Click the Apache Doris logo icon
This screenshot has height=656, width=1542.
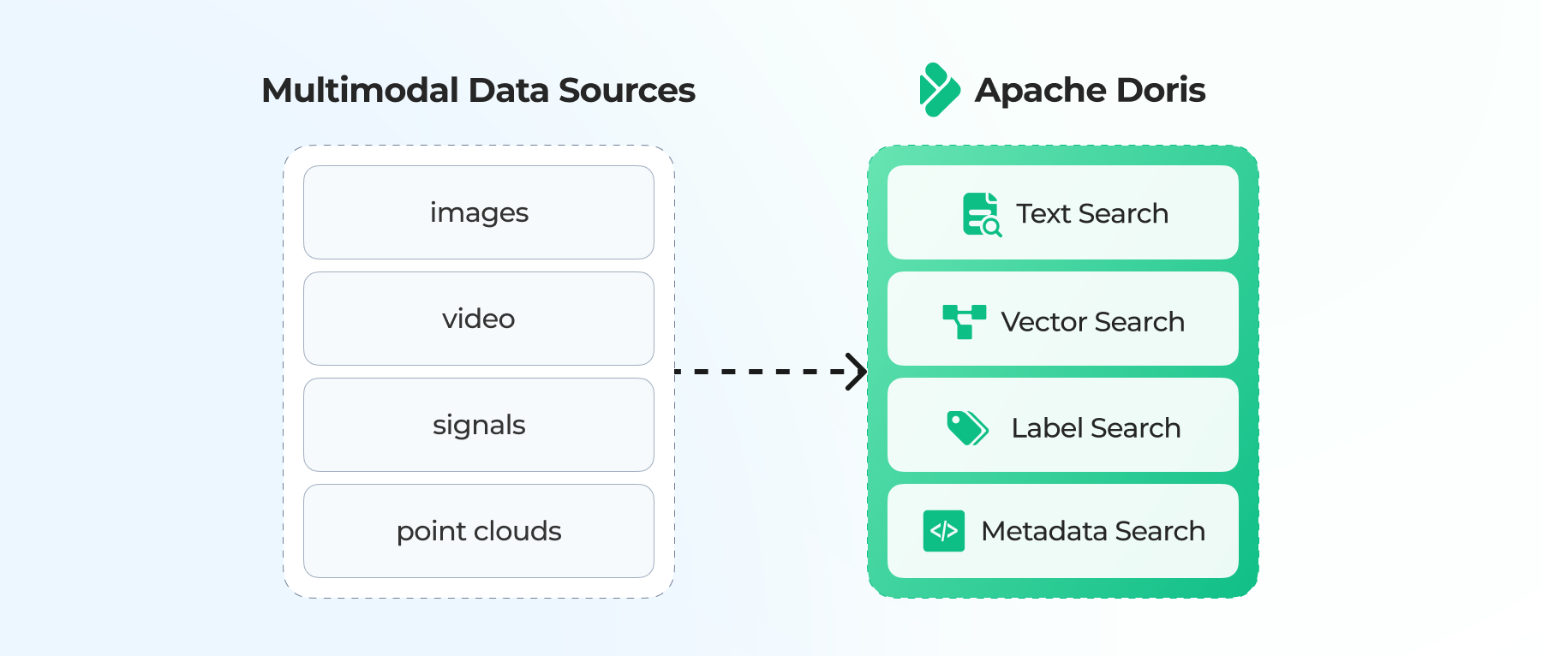(x=939, y=90)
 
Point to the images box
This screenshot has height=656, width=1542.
(x=479, y=212)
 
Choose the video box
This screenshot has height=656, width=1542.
(x=479, y=319)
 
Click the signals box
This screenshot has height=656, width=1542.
(x=479, y=425)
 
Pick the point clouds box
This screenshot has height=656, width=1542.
(x=479, y=531)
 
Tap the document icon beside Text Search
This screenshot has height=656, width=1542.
(x=981, y=214)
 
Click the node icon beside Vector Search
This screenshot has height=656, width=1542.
(x=964, y=321)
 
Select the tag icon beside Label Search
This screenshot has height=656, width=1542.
(x=967, y=427)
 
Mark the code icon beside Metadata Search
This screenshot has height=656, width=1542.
(x=944, y=531)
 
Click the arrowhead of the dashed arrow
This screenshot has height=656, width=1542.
(x=856, y=372)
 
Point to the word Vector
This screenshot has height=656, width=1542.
(x=1043, y=322)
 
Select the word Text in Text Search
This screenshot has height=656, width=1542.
(x=1043, y=213)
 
